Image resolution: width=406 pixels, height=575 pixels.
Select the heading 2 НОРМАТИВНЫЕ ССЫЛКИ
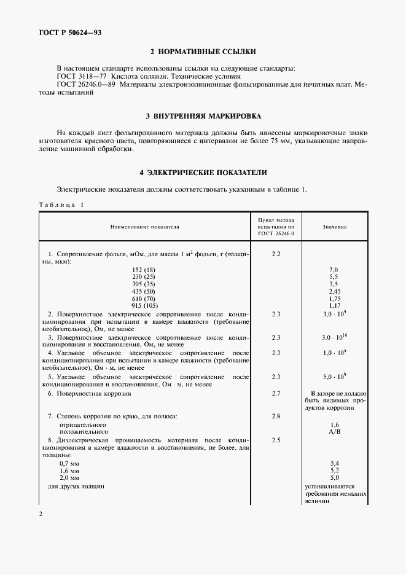[203, 51]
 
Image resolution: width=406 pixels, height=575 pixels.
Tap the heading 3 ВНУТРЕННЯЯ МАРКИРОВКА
[203, 115]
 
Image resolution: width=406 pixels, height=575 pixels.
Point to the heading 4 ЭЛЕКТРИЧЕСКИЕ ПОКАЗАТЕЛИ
[203, 173]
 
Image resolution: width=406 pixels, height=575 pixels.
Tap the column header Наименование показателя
[144, 227]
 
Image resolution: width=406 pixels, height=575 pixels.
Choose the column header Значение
[335, 227]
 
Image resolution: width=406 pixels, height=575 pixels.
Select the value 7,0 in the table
[334, 270]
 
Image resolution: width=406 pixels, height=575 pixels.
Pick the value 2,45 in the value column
[334, 291]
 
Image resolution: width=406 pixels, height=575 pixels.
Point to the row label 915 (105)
[144, 305]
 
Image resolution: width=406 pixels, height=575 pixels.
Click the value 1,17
[334, 305]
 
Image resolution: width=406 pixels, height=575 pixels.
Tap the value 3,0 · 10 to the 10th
[335, 337]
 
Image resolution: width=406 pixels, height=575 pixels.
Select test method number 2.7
[276, 393]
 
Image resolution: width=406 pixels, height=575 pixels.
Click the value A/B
[334, 432]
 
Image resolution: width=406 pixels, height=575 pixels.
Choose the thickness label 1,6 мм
[69, 469]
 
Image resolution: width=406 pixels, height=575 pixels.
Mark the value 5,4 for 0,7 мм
[334, 462]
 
